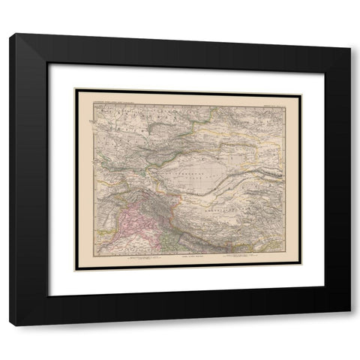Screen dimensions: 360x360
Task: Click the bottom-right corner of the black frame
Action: point(349,325)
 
